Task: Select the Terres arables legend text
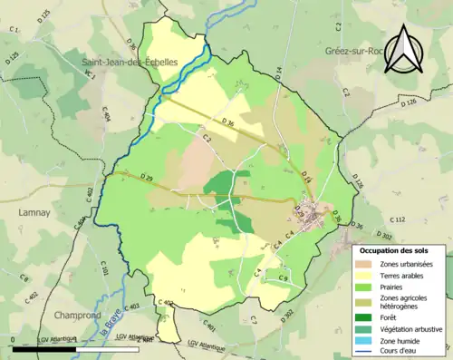403,275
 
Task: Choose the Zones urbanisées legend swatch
366,263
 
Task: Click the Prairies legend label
395,287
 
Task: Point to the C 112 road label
398,219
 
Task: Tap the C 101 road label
104,269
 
